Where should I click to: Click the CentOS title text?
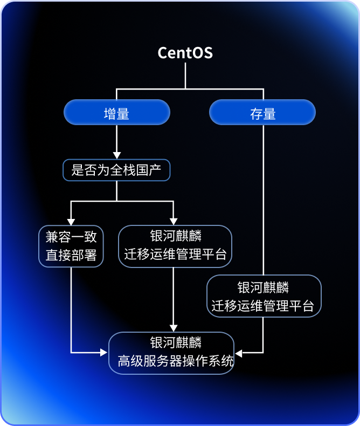(x=185, y=53)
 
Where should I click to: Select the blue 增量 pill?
(x=117, y=113)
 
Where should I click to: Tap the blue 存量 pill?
(x=262, y=113)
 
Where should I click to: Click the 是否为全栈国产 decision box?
(x=116, y=170)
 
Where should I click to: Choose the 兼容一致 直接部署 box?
(x=71, y=246)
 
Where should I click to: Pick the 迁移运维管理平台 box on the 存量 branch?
(x=264, y=296)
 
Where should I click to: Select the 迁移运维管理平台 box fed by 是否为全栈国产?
(x=175, y=246)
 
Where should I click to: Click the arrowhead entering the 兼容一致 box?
(x=71, y=221)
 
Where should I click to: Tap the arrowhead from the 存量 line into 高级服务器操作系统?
(x=239, y=353)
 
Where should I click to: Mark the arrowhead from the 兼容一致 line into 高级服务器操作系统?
(x=105, y=353)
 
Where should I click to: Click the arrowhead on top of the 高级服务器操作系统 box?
(x=174, y=328)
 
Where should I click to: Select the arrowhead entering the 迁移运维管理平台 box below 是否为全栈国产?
(x=174, y=221)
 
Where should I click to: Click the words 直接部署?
(x=71, y=255)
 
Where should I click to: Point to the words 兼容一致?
(x=71, y=237)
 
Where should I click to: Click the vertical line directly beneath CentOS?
(x=185, y=75)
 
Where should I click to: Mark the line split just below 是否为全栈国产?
(x=116, y=201)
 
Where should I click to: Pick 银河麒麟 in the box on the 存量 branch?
(x=264, y=287)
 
